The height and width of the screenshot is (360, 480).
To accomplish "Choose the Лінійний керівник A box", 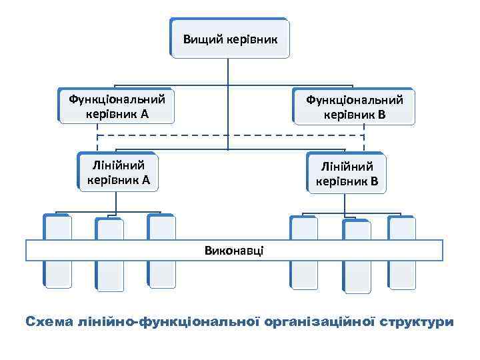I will (x=118, y=171).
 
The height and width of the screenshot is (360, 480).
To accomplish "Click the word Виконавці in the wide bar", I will (x=234, y=250).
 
